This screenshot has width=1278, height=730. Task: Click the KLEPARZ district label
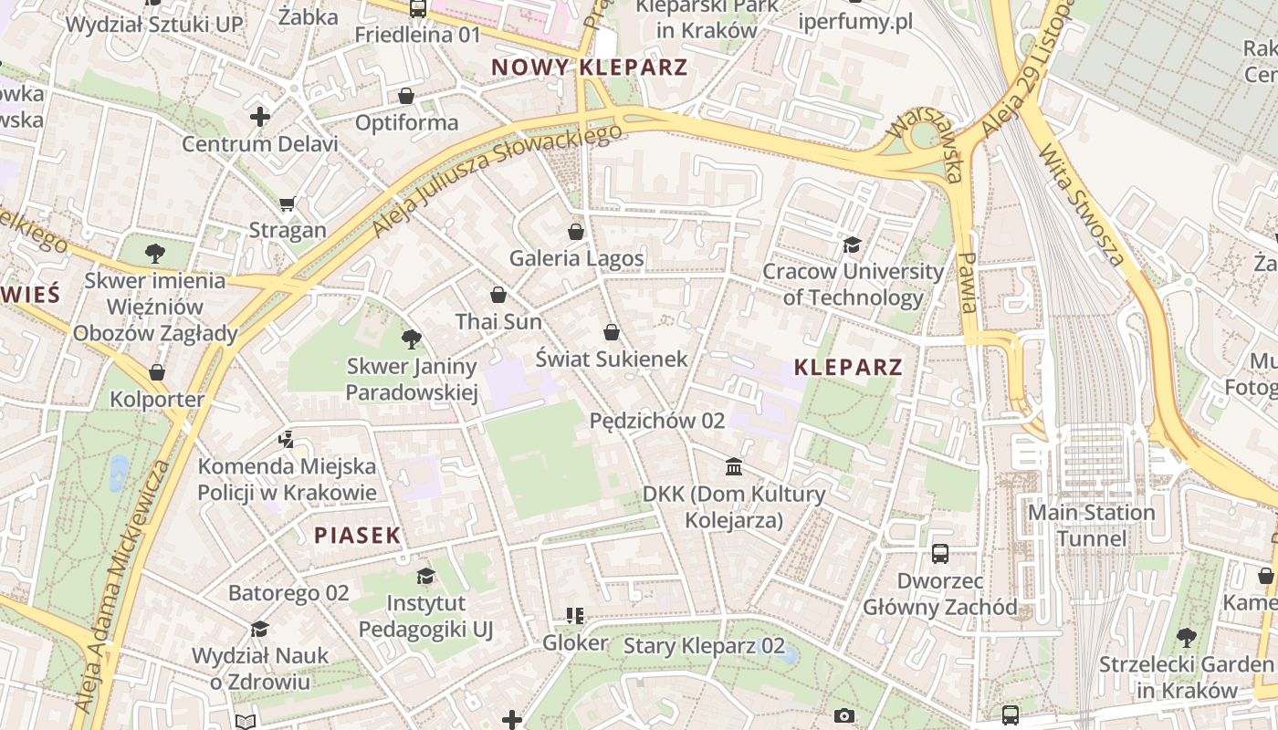[x=848, y=368]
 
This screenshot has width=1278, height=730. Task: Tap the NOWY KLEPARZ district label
[x=589, y=68]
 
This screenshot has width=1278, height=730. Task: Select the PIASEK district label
[x=358, y=536]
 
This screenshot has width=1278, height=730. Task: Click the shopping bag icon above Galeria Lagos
[x=575, y=232]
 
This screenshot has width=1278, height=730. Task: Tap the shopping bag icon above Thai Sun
[x=498, y=295]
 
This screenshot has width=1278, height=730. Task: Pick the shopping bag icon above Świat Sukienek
[x=611, y=332]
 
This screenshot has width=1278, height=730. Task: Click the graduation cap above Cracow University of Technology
[x=852, y=245]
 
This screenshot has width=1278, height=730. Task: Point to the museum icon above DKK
[x=733, y=467]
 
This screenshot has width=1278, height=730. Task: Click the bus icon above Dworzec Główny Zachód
[x=940, y=554]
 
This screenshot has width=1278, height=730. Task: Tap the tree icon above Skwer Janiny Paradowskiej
[x=411, y=340]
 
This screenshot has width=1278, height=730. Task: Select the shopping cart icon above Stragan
[x=288, y=203]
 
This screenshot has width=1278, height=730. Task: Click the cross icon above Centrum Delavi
[x=260, y=117]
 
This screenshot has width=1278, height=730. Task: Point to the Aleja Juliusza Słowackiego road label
[x=497, y=180]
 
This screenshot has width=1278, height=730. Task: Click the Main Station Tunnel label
[x=1092, y=526]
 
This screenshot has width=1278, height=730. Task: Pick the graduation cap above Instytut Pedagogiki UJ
[x=425, y=576]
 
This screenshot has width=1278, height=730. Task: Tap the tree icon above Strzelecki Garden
[x=1186, y=637]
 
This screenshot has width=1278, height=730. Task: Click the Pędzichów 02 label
[x=657, y=421]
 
